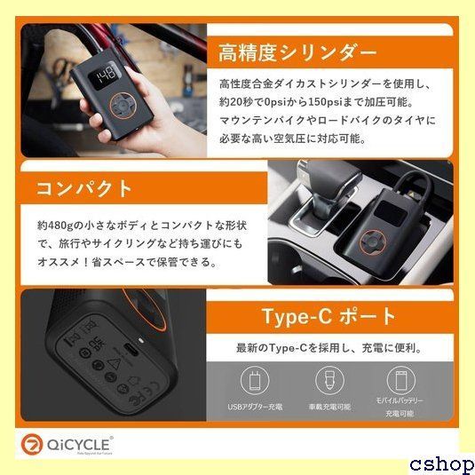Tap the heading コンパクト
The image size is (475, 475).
tap(85, 189)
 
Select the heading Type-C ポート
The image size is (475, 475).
tap(329, 317)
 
